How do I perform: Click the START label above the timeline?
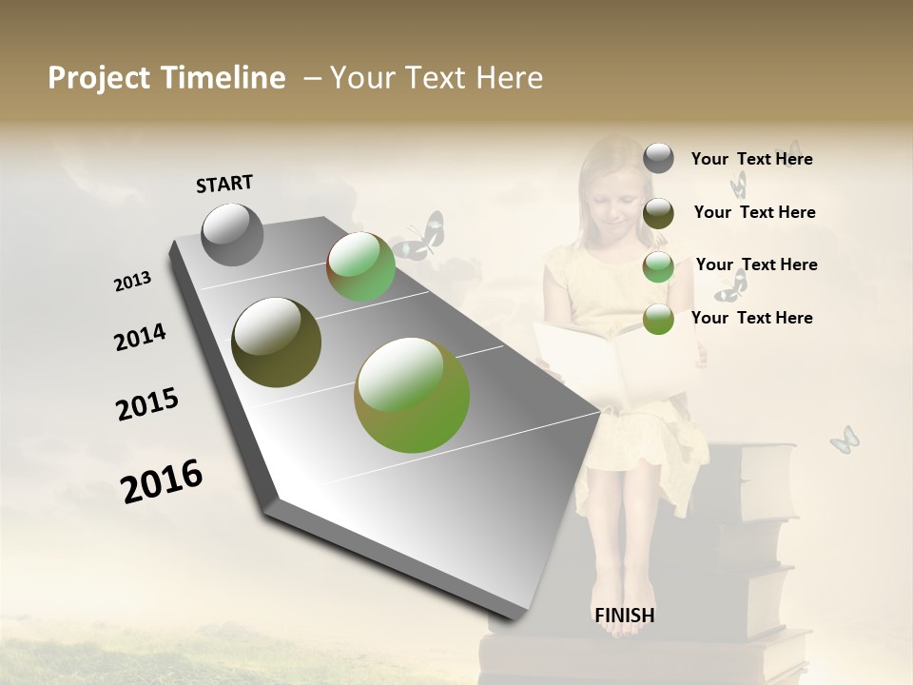coord(224,184)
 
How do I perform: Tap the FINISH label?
coord(624,616)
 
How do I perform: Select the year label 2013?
coord(132,282)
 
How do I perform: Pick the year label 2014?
coord(140,337)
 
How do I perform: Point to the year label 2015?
coord(146,404)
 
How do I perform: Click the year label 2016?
coord(162,480)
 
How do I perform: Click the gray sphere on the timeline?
coord(233,234)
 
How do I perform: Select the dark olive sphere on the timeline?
coord(277,342)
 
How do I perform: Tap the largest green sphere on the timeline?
coord(412,394)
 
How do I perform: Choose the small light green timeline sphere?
coord(361,267)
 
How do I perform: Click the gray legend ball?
coord(658,158)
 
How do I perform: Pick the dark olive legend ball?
coord(658,213)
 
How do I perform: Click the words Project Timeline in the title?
coord(166,78)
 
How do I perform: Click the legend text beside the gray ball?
coord(751,159)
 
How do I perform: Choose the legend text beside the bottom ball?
coord(751,318)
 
